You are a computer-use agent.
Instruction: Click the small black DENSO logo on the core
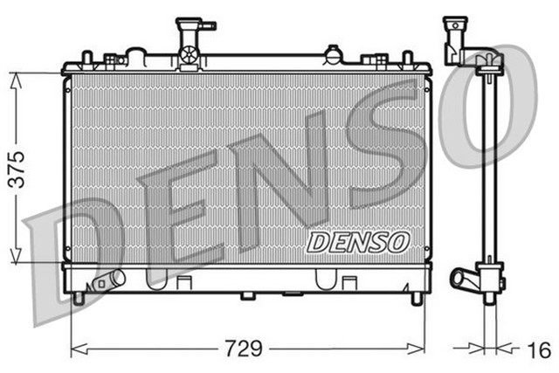pyautogui.click(x=357, y=239)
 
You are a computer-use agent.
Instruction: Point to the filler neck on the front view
pyautogui.click(x=189, y=39)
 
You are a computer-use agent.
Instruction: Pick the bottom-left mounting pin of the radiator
pyautogui.click(x=79, y=298)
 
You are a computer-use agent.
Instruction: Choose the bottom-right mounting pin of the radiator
pyautogui.click(x=417, y=298)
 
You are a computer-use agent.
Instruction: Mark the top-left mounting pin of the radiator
pyautogui.click(x=86, y=57)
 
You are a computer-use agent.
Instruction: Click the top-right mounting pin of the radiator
pyautogui.click(x=406, y=57)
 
